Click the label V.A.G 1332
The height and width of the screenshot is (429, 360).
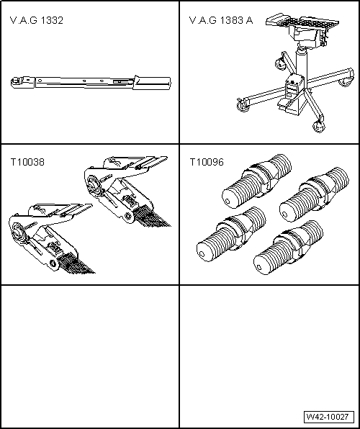click(37, 20)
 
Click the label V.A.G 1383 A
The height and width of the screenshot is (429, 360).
click(220, 20)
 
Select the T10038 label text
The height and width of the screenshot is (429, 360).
click(27, 163)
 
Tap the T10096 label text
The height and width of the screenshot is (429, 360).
click(207, 163)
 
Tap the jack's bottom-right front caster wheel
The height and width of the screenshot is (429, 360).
click(319, 127)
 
